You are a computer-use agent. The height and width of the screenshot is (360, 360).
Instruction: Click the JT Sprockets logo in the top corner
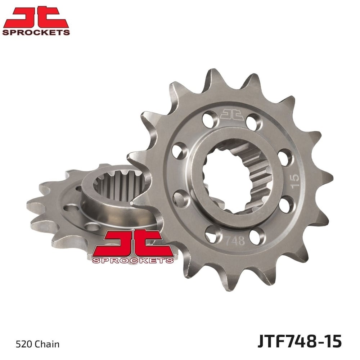[36, 21]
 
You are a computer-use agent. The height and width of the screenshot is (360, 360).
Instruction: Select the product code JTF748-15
[300, 341]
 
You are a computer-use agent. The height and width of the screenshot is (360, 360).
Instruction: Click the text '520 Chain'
[37, 345]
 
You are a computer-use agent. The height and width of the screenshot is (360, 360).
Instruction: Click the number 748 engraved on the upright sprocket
[235, 241]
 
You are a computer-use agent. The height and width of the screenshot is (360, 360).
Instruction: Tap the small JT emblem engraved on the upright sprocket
[232, 114]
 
